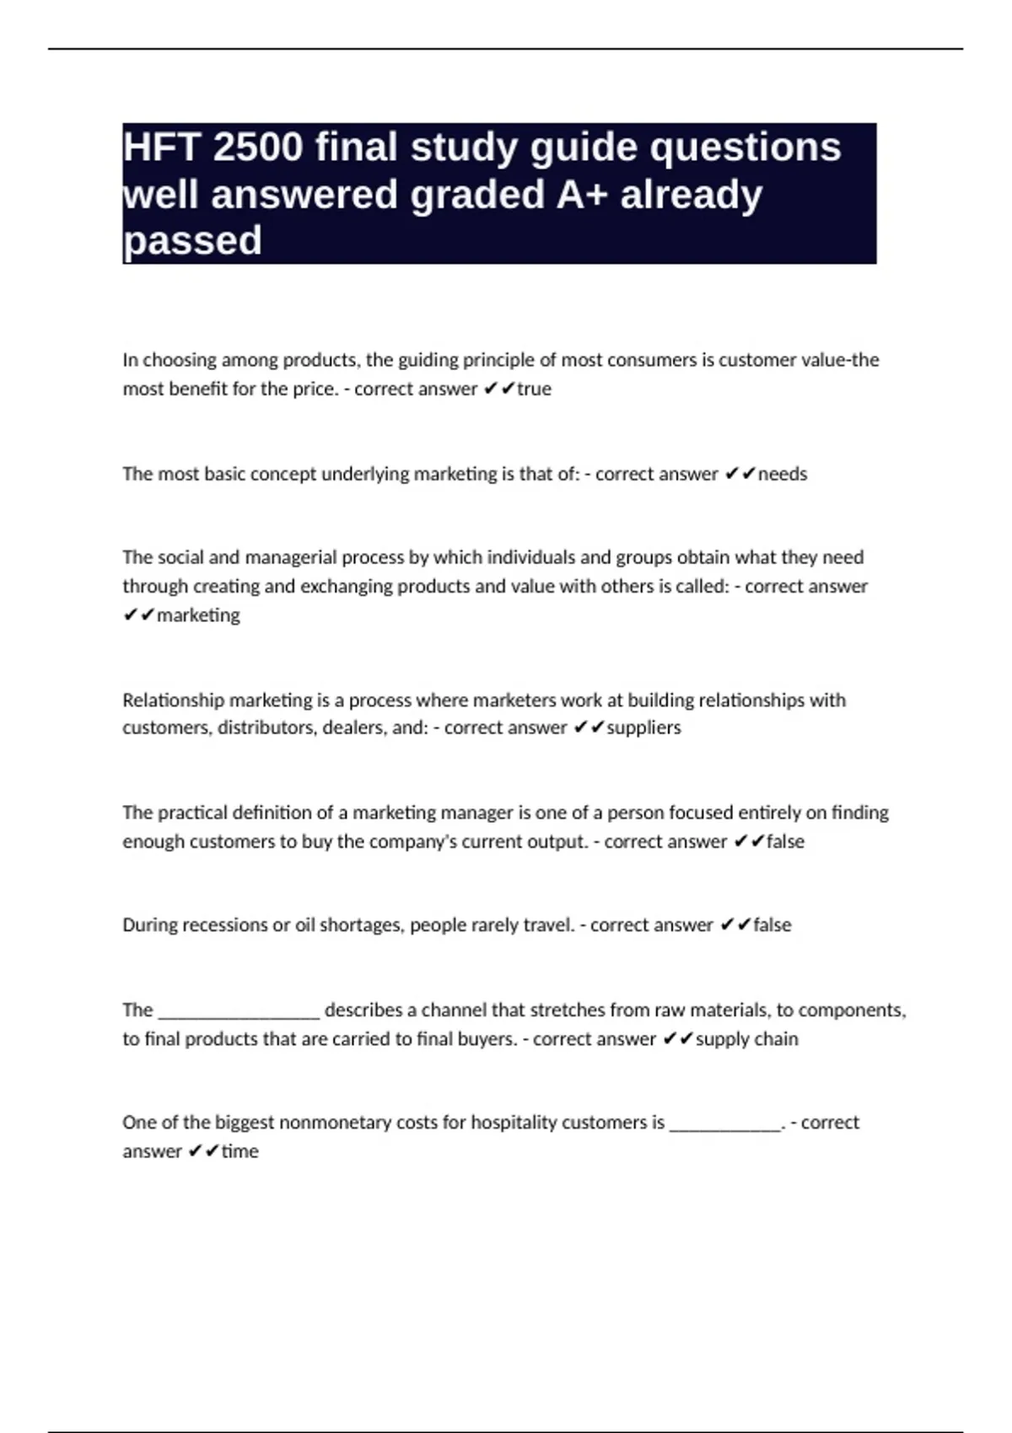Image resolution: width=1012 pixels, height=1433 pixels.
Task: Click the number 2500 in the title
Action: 257,148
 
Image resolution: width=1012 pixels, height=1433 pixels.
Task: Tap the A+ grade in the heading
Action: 583,195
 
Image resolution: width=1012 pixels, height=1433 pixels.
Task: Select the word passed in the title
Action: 193,241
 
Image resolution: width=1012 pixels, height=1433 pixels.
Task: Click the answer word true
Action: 534,389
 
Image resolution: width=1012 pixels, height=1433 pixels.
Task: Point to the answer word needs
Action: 783,475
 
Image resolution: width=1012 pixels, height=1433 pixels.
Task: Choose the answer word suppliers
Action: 643,727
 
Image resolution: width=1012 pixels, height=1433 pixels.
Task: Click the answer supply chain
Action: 746,1039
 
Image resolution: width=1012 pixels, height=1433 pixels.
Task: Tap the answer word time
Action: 240,1151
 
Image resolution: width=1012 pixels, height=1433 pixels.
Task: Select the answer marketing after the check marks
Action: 198,615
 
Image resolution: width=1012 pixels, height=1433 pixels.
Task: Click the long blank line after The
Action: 239,1012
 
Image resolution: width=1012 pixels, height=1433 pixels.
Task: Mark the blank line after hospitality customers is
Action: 725,1124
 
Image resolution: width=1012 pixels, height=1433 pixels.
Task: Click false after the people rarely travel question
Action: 772,926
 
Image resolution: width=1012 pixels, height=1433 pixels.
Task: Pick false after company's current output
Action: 785,842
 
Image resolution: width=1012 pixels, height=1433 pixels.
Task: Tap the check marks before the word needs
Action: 739,475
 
